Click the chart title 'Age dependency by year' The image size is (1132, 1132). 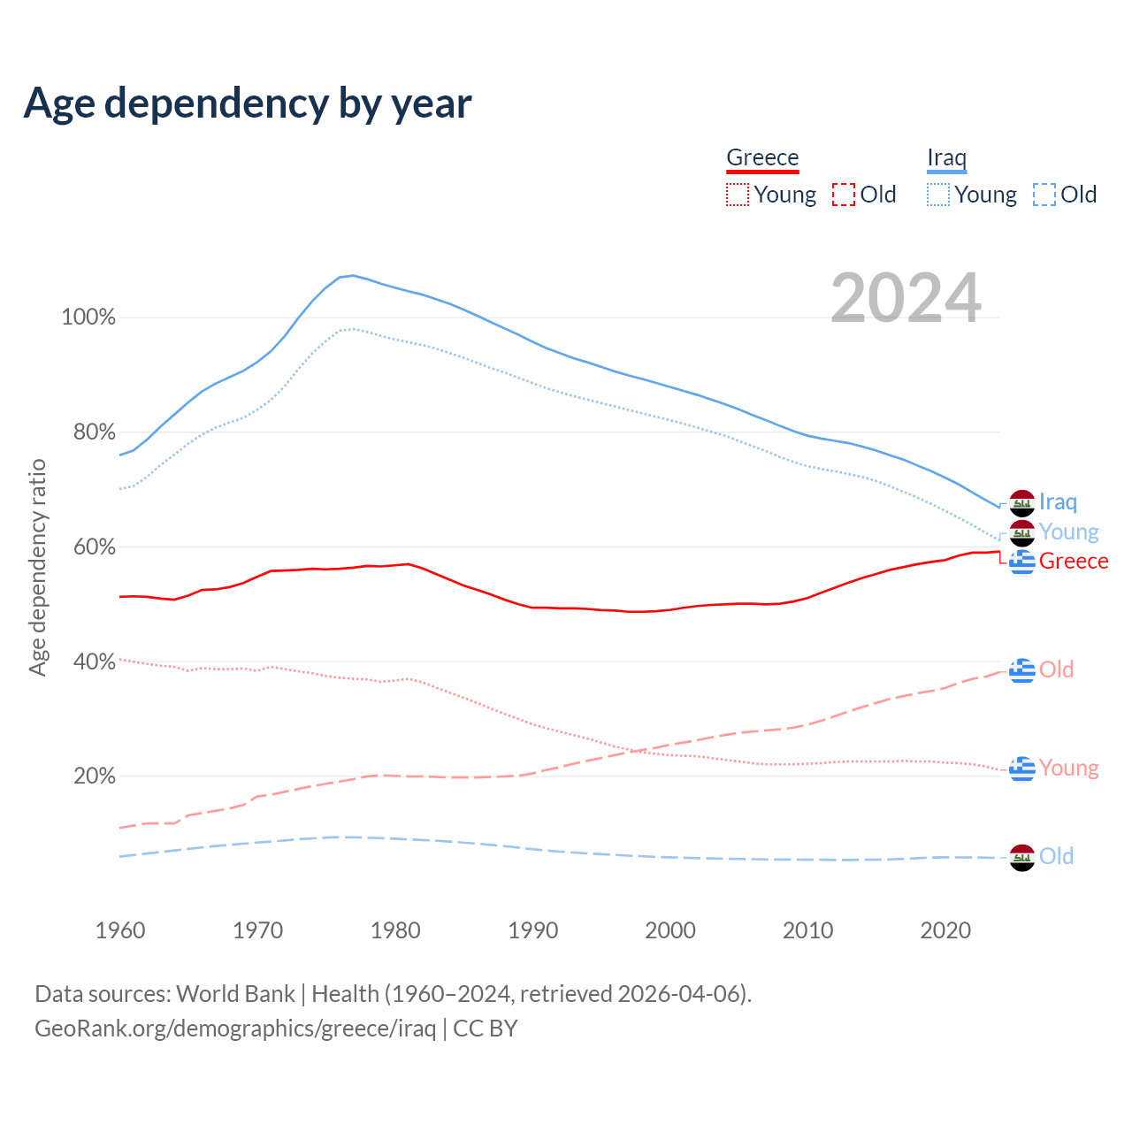coord(248,103)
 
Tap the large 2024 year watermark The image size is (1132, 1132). coord(906,298)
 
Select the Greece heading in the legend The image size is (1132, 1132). coord(762,157)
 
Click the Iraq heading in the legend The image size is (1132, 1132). coord(946,157)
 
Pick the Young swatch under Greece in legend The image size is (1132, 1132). coord(738,195)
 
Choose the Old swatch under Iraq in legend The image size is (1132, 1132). coord(1044,195)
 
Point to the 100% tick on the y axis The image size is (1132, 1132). coord(88,317)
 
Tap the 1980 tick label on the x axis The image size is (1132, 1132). coord(395,930)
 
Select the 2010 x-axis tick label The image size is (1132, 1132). coord(808,930)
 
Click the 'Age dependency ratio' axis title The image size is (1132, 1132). coord(37,567)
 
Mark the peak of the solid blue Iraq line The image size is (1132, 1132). coord(352,275)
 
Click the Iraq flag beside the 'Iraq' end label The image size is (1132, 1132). coord(1021,503)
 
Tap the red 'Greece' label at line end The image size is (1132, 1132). coord(1074,562)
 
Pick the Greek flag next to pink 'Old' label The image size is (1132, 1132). coord(1021,670)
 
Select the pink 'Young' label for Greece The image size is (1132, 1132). coord(1068,768)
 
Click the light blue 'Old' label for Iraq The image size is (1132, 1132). coord(1056,856)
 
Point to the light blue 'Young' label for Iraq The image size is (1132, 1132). coord(1068,532)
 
